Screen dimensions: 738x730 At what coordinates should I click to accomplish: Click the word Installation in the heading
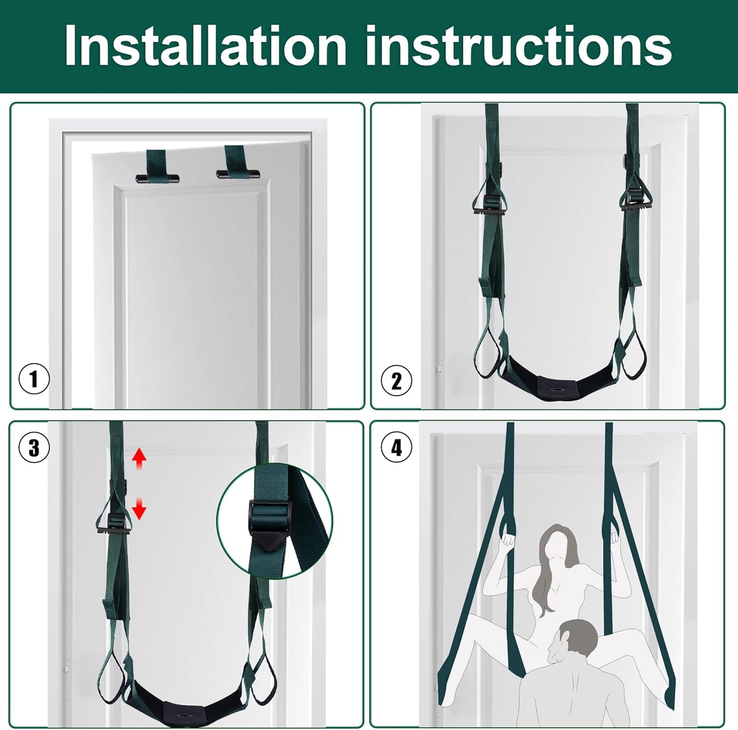206,46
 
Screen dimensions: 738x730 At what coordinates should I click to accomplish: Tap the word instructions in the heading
519,46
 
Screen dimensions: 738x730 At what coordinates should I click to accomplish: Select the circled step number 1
34,380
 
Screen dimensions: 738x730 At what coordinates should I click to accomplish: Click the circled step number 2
396,380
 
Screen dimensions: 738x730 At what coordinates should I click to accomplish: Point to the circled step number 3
34,447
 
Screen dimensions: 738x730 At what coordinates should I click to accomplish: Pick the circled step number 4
396,447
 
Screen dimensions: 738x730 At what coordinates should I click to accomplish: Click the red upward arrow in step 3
139,459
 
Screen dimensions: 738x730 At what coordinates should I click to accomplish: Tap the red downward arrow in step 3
139,508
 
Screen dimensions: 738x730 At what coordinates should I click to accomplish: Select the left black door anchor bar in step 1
157,178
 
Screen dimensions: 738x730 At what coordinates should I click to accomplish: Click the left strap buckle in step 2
489,206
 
